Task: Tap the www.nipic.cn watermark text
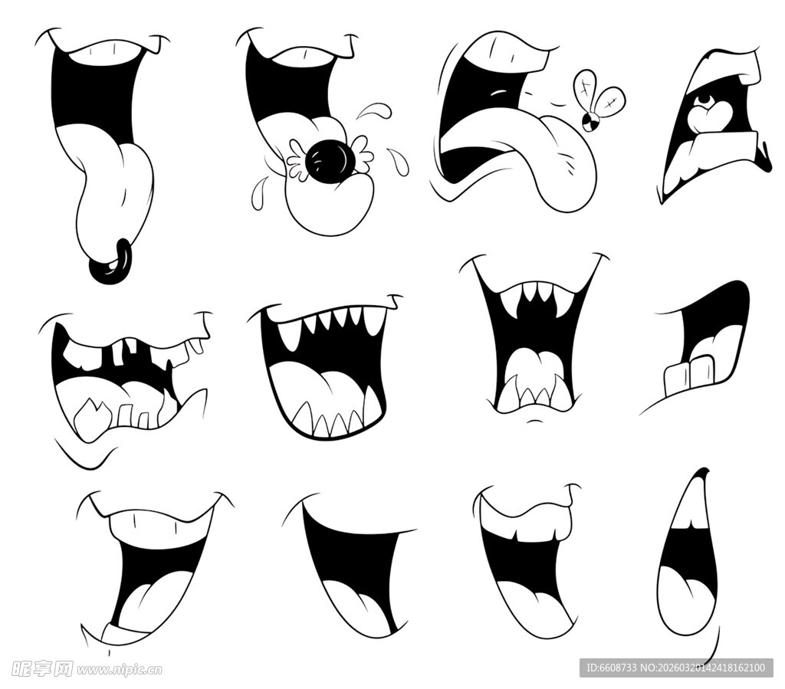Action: (119, 669)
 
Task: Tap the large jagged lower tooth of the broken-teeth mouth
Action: (93, 418)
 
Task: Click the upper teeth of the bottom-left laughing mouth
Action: (159, 530)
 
